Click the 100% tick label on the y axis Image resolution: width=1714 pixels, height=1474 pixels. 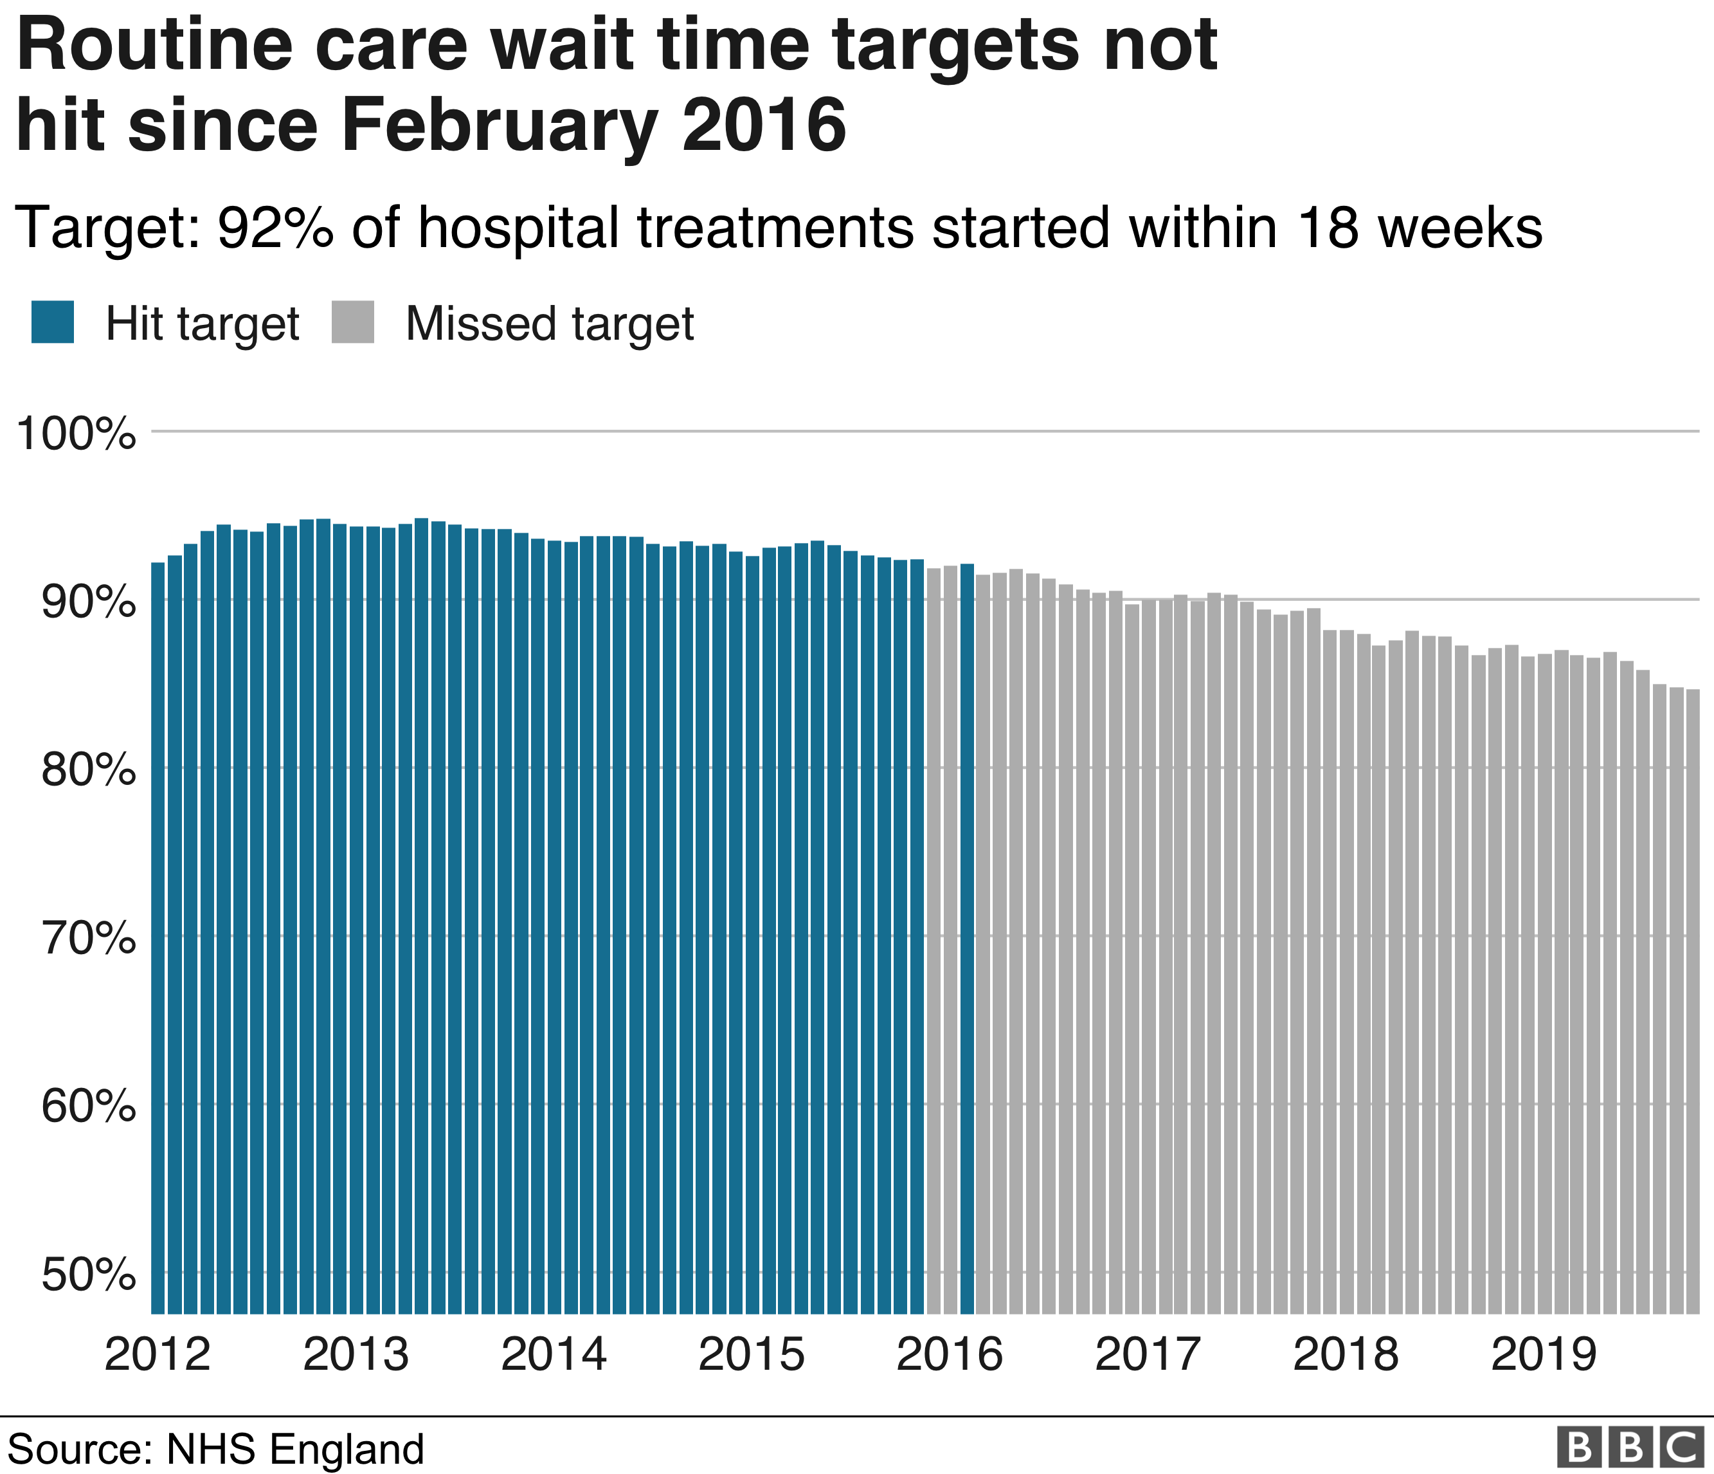tap(75, 433)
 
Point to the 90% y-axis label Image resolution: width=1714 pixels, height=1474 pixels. tap(87, 602)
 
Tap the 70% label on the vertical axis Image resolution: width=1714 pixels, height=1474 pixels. tap(87, 939)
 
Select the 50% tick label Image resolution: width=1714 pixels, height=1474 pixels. tap(87, 1275)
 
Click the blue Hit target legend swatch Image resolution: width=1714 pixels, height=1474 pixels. tap(53, 322)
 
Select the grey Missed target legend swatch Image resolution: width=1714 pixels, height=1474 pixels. tap(353, 322)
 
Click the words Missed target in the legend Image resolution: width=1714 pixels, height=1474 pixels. tap(549, 324)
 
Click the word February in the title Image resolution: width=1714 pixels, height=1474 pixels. tap(500, 127)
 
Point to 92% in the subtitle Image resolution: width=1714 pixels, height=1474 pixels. tap(275, 228)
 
